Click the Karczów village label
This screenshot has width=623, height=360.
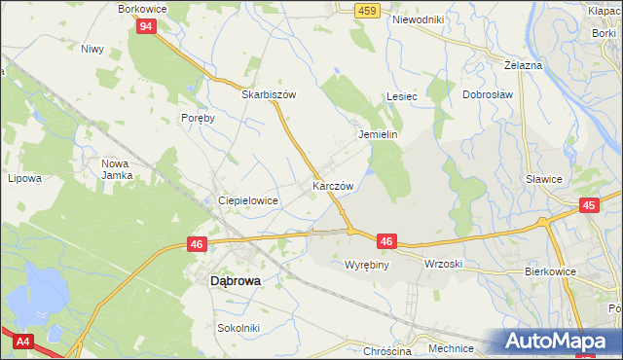[x=332, y=185]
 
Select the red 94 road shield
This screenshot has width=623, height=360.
[x=145, y=26]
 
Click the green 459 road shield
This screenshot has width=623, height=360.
[x=366, y=10]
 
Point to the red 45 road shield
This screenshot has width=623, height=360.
[x=588, y=205]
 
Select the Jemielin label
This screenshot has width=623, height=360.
[x=379, y=134]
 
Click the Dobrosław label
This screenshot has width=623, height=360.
[x=487, y=95]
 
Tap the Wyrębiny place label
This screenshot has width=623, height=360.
[x=367, y=264]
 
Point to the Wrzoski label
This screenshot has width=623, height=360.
[x=443, y=264]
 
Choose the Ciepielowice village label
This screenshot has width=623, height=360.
[x=248, y=199]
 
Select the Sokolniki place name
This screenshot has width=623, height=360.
[x=238, y=328]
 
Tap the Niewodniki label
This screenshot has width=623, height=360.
[x=418, y=18]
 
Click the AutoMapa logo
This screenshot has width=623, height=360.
[x=556, y=341]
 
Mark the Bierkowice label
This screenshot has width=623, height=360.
[x=549, y=272]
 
